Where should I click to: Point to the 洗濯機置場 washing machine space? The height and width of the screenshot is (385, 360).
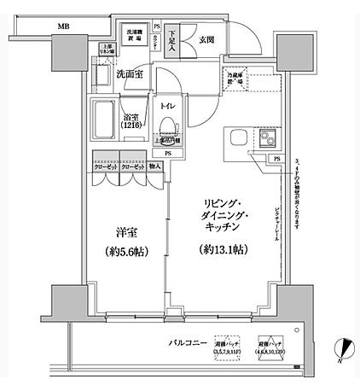tap(135, 35)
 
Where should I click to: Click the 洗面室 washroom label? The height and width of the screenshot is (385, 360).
tap(130, 74)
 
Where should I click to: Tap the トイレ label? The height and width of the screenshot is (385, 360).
tap(167, 106)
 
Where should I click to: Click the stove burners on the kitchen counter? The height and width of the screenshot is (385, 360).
tap(270, 139)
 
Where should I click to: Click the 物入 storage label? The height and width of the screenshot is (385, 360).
tap(155, 168)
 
